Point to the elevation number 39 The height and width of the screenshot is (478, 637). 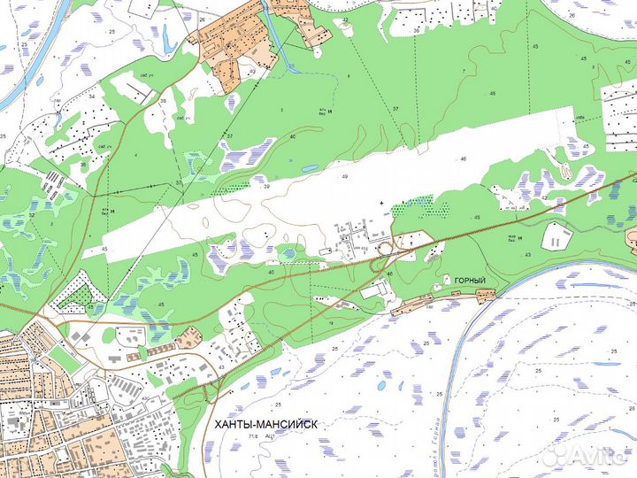265,187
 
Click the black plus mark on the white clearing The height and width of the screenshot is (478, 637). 381,204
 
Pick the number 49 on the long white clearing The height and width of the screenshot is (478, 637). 344,178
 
